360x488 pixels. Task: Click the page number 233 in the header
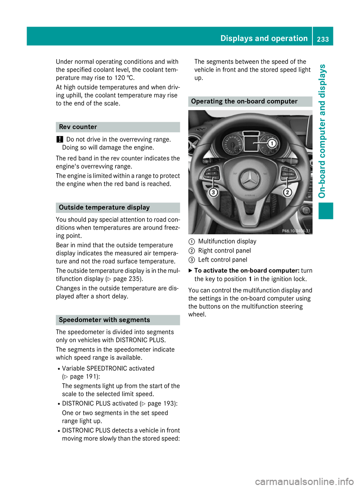pos(322,39)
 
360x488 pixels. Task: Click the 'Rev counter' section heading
pos(78,127)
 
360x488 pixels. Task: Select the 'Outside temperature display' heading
pos(104,208)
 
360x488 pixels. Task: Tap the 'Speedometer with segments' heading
pos(104,320)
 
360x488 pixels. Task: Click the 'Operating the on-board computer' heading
pos(244,102)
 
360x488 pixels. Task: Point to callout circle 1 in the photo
pos(272,143)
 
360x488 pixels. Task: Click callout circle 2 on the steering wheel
pos(287,192)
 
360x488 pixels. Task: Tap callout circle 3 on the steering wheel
pos(213,192)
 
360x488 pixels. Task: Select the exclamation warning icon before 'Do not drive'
pos(59,139)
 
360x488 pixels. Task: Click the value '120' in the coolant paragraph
pos(120,78)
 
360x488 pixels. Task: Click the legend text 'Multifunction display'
pos(227,241)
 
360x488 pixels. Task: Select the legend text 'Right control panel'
pos(224,251)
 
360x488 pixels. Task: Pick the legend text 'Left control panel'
pos(222,260)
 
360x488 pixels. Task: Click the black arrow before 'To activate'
pos(190,271)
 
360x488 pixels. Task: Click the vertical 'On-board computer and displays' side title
pos(322,131)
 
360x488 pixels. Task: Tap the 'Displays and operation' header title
pos(264,39)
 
